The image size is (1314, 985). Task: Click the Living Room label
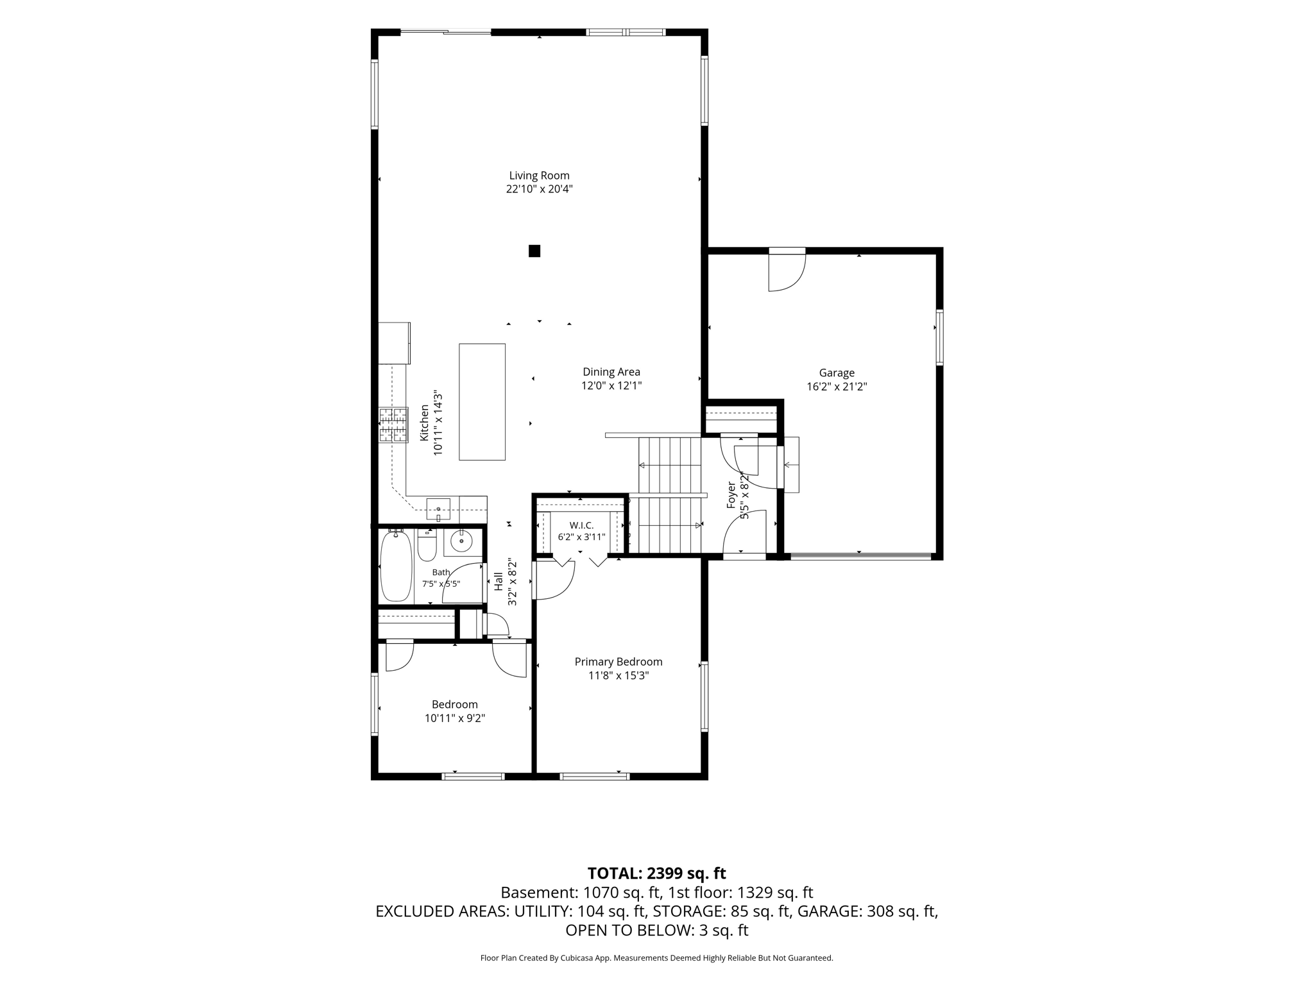click(539, 176)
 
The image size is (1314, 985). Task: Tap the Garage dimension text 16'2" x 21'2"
click(837, 387)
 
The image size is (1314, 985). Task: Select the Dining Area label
click(611, 372)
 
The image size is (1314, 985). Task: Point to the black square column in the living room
click(534, 251)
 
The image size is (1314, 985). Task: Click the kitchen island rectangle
click(482, 402)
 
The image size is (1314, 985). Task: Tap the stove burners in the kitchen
click(393, 425)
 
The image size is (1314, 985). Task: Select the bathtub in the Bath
click(396, 566)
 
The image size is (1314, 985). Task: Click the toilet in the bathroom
click(427, 545)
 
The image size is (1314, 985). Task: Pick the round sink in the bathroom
click(461, 542)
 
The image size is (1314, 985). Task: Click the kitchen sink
click(438, 509)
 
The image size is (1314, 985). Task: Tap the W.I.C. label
click(581, 525)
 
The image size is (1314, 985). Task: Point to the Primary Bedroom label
click(619, 662)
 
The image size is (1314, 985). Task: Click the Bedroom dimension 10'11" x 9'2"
click(455, 719)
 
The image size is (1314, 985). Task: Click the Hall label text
click(499, 582)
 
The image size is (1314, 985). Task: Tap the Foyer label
click(731, 495)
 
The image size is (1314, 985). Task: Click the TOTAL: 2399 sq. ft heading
click(657, 873)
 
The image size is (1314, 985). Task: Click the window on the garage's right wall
click(940, 337)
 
